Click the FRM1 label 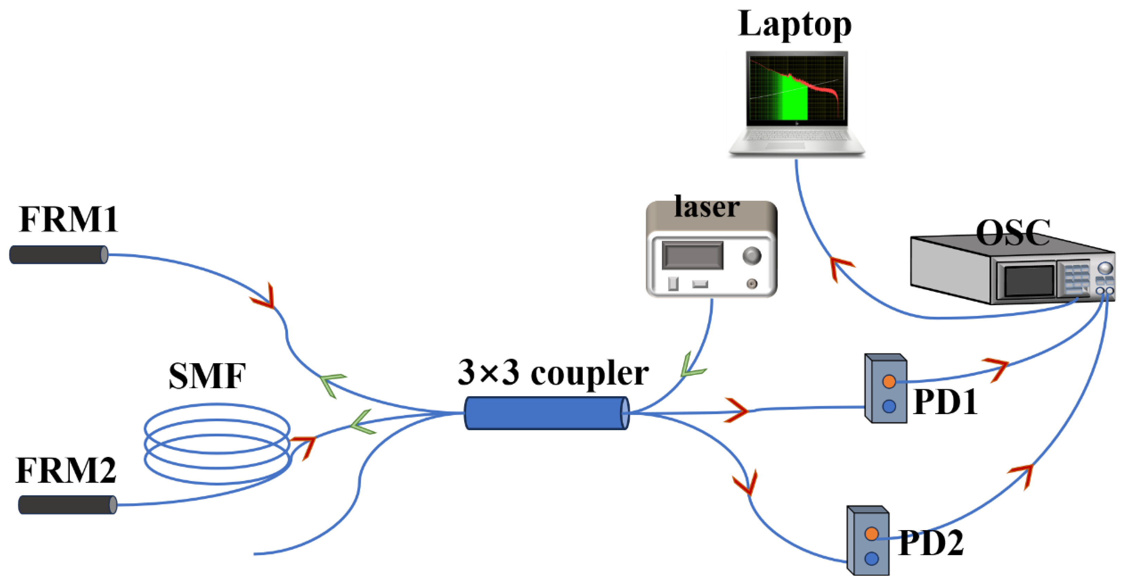[x=68, y=219]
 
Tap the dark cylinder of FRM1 [x=58, y=255]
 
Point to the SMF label [x=207, y=376]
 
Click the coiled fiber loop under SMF [x=217, y=444]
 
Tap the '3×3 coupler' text [x=553, y=373]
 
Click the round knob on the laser [x=751, y=256]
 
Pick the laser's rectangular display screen [x=692, y=256]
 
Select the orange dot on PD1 [x=889, y=382]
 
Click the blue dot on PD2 [x=871, y=558]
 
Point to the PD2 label [x=931, y=544]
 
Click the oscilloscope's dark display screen [x=1029, y=281]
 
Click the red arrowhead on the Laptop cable [x=840, y=266]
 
